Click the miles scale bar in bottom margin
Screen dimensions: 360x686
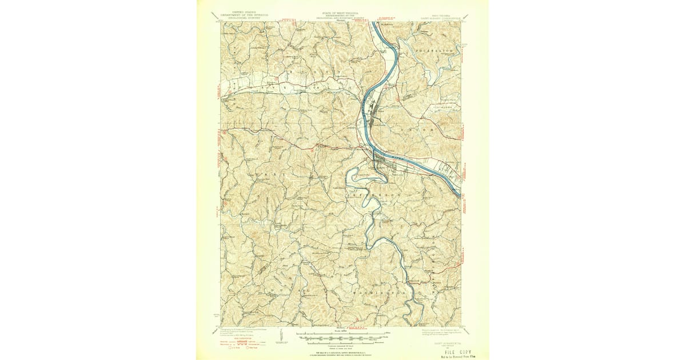point(342,332)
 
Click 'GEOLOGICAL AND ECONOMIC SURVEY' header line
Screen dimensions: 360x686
point(342,17)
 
